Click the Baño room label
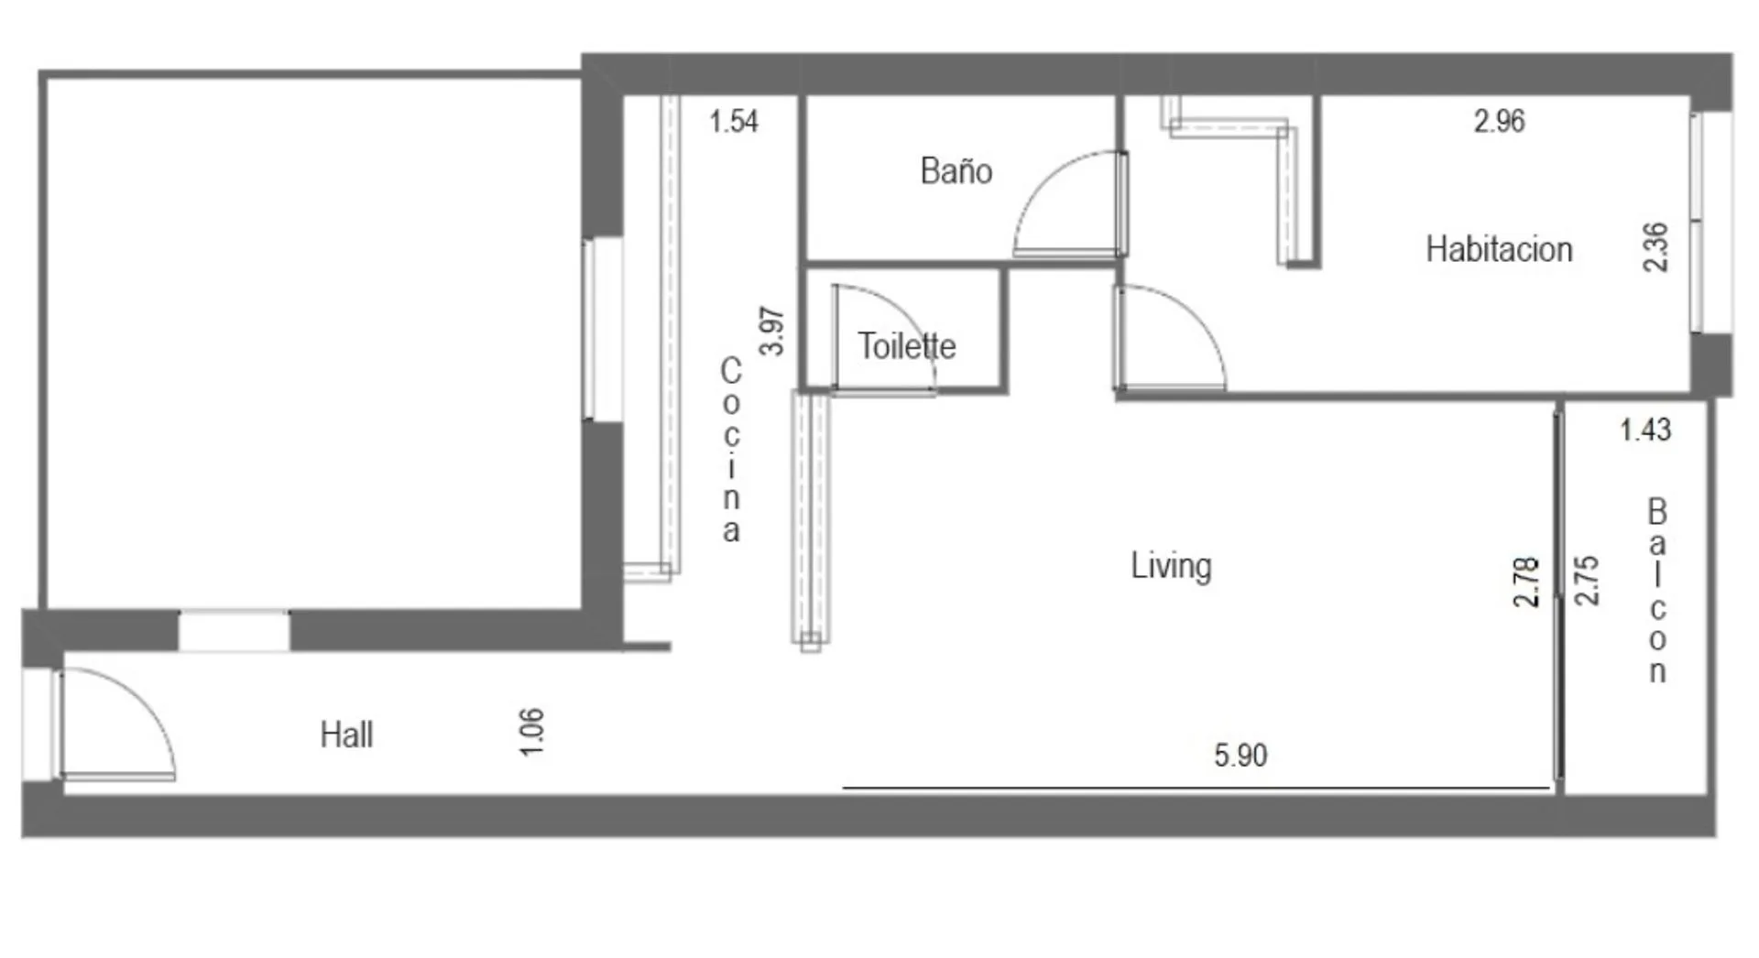pos(956,171)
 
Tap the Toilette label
pos(906,346)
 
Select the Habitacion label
pos(1499,249)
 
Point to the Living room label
pos(1171,566)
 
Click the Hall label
pos(346,735)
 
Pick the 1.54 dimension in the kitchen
pos(734,121)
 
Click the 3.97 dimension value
pos(772,331)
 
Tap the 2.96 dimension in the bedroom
pos(1499,121)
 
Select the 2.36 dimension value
pos(1655,247)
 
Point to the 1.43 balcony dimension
pos(1645,430)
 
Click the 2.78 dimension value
pos(1525,582)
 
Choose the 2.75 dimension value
pos(1586,581)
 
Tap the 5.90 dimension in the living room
pos(1240,756)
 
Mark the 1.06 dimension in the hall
pos(531,732)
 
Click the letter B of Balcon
pos(1656,511)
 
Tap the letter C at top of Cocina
pos(730,371)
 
